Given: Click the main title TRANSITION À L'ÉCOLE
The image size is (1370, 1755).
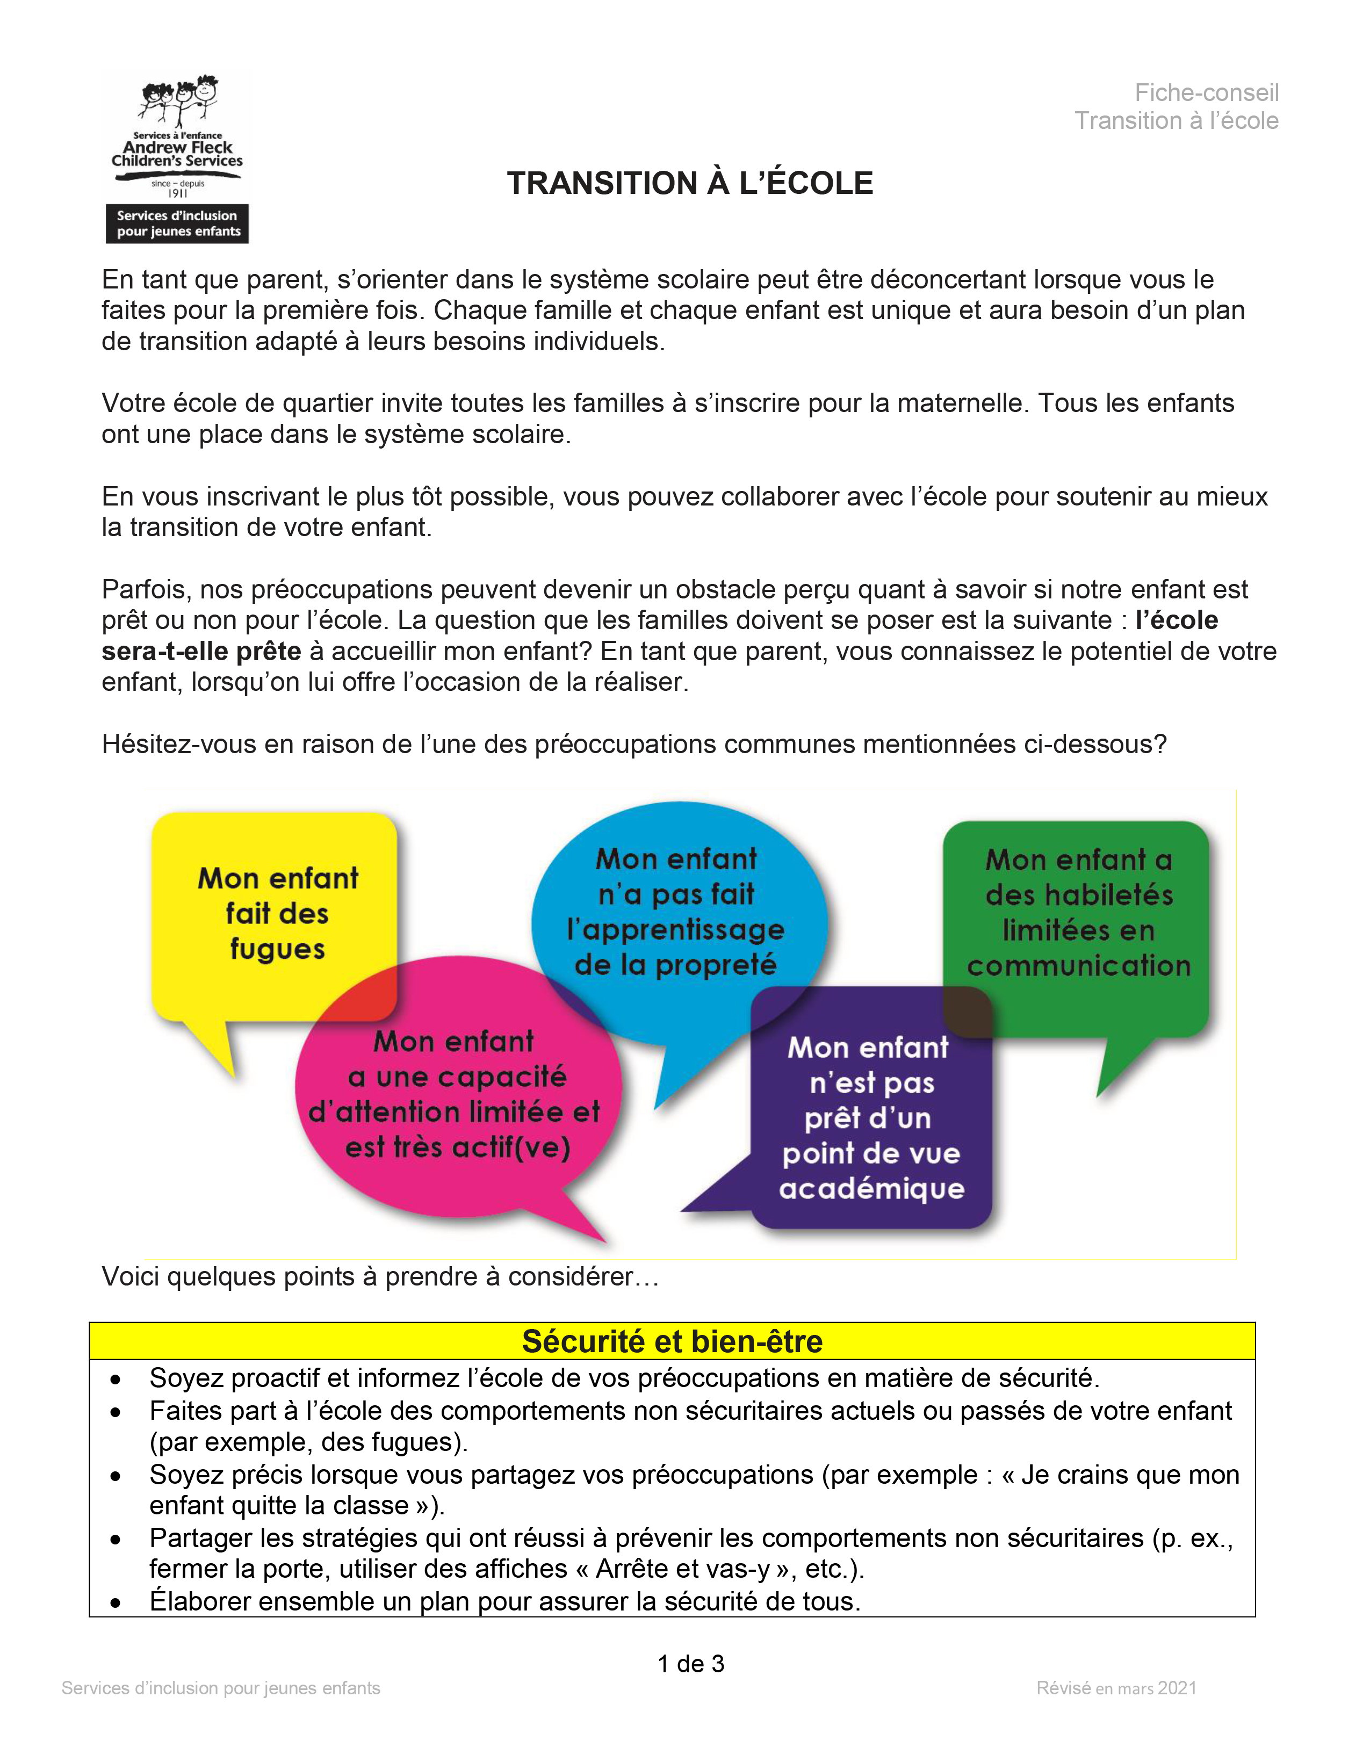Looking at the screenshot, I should point(689,183).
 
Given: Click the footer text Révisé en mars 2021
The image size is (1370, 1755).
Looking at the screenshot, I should point(1116,1688).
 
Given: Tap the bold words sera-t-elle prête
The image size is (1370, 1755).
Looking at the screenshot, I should point(201,651).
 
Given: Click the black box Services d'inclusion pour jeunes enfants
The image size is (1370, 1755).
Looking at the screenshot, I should point(178,223).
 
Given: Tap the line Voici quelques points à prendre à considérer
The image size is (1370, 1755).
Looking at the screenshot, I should point(380,1276).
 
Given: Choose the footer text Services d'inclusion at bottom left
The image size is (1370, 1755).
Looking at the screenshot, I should point(221,1688).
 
